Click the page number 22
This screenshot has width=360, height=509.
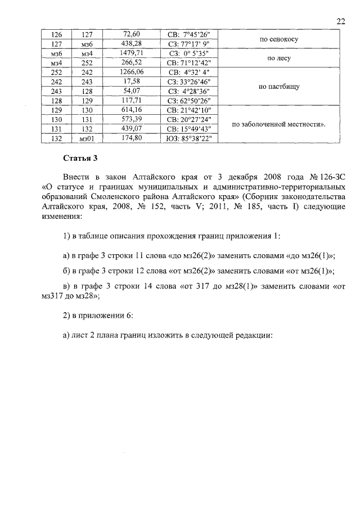(x=340, y=21)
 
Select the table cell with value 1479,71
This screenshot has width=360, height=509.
(x=133, y=53)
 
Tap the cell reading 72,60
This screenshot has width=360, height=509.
(x=133, y=35)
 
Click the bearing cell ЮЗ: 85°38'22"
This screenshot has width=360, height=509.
(x=189, y=136)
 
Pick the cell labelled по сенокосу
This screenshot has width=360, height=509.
(x=278, y=39)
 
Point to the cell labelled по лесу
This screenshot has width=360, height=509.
(x=278, y=58)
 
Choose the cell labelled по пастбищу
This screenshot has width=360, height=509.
(x=278, y=87)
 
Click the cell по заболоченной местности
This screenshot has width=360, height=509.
(x=278, y=123)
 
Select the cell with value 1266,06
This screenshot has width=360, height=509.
(x=133, y=72)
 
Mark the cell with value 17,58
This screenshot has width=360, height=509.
(x=133, y=82)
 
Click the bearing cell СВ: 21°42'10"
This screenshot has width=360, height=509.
(x=189, y=109)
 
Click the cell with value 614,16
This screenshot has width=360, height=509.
(x=133, y=109)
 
